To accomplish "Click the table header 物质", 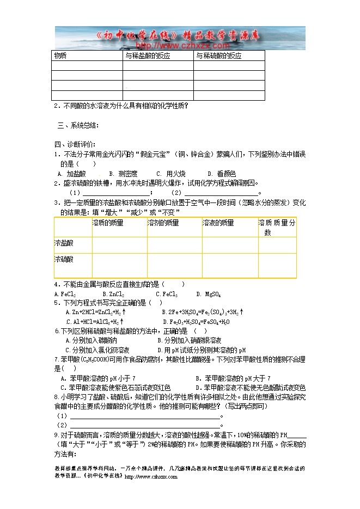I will pos(60,56).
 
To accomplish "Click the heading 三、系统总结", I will pos(78,126).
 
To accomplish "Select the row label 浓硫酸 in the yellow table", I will pos(64,260).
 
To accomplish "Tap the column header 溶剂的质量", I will pos(163,223).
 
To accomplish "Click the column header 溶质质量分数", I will pos(277,227).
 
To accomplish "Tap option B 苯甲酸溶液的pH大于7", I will pos(234,378).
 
